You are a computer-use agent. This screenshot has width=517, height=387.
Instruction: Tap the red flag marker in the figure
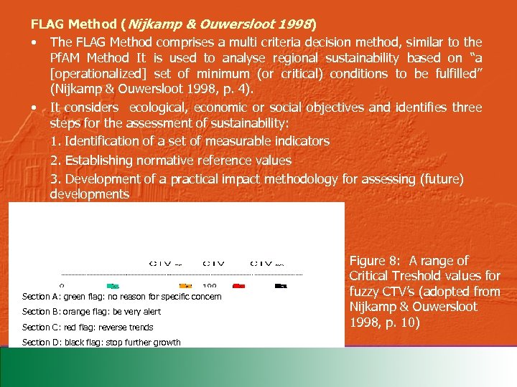point(239,285)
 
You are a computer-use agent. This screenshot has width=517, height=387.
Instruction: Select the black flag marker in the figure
point(279,285)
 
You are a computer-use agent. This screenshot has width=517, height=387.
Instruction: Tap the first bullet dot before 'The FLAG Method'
point(34,43)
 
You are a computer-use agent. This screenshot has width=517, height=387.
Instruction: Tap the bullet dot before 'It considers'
point(34,107)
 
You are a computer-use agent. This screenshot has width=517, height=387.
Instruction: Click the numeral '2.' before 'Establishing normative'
point(55,160)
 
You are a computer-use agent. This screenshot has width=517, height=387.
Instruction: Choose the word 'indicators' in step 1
point(302,141)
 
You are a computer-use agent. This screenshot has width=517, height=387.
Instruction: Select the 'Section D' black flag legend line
point(101,343)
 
